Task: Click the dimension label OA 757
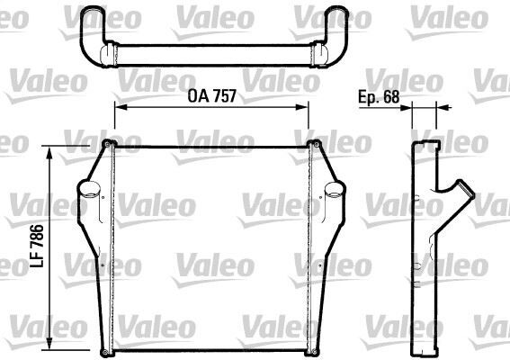pyautogui.click(x=211, y=95)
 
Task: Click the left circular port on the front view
pyautogui.click(x=88, y=191)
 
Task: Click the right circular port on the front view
pyautogui.click(x=332, y=191)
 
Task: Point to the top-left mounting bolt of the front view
pyautogui.click(x=109, y=146)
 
